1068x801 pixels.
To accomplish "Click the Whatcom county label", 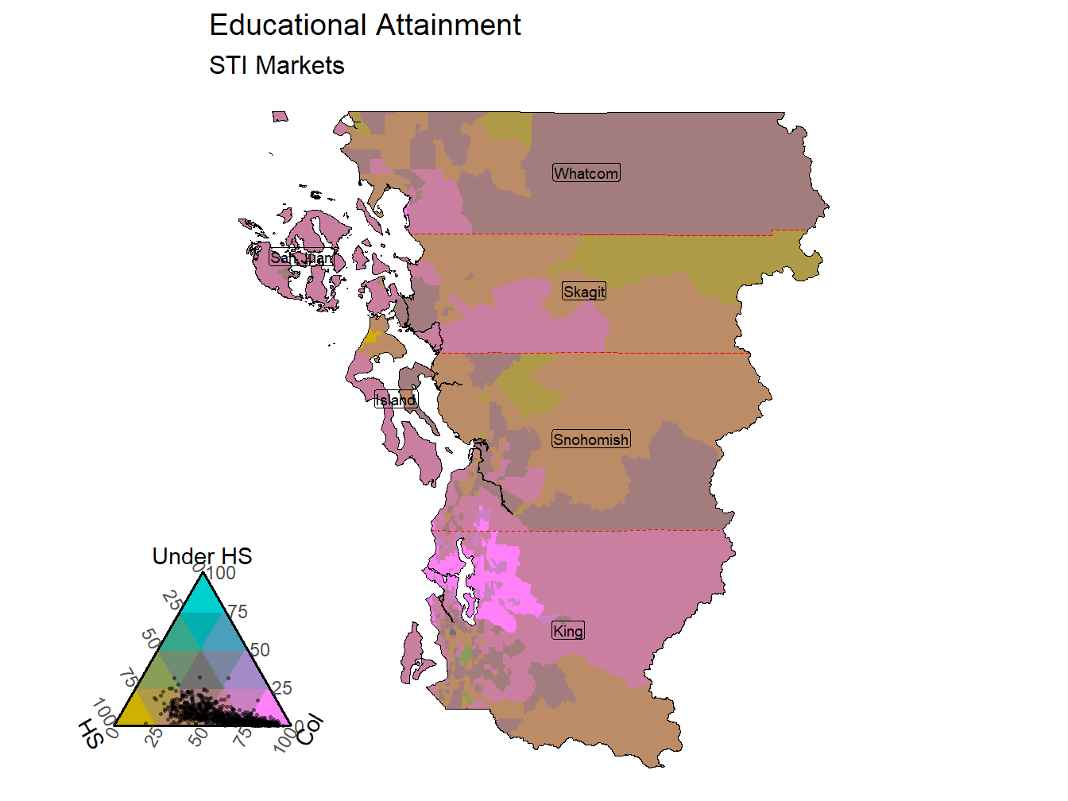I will click(x=586, y=173).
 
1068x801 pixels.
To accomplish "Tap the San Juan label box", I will click(x=301, y=257).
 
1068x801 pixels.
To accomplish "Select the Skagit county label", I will click(x=584, y=292).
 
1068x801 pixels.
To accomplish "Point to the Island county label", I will click(x=396, y=400).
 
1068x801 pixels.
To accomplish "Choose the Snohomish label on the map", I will click(x=591, y=439).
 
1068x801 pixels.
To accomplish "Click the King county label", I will click(x=568, y=631).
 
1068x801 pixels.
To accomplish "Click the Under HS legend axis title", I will click(x=202, y=555).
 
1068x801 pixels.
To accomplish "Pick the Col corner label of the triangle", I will click(x=310, y=729).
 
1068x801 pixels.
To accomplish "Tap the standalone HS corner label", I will click(x=91, y=734).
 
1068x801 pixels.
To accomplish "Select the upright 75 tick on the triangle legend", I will click(x=238, y=612).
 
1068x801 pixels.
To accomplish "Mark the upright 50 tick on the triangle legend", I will click(x=260, y=650).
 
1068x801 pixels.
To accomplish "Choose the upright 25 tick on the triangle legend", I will click(x=282, y=688).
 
